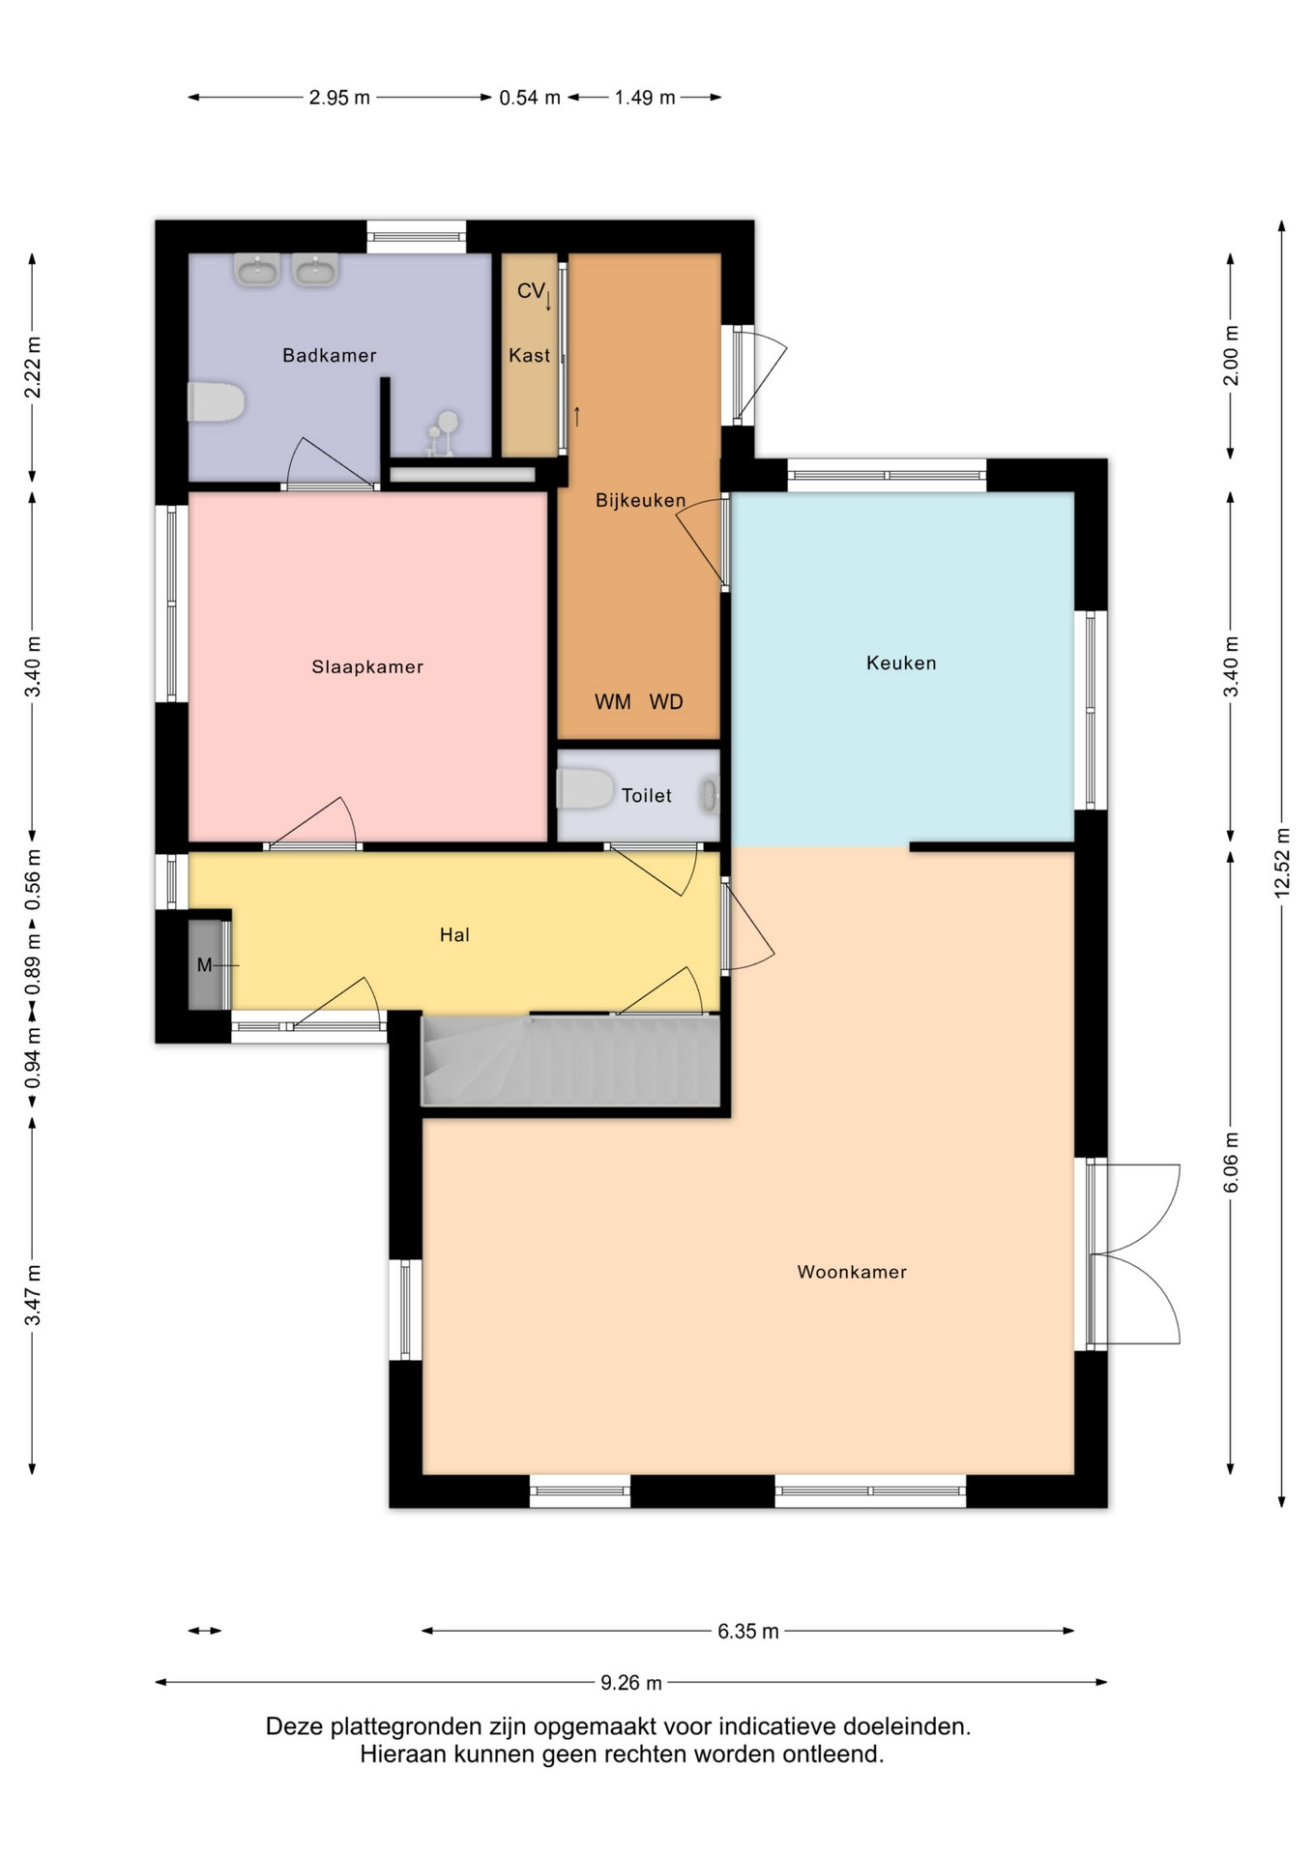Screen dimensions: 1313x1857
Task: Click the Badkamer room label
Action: pos(329,355)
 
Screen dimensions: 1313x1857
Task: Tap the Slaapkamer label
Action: pos(367,666)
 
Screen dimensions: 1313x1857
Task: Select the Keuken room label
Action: pos(901,663)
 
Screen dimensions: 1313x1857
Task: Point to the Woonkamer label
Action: pos(852,1272)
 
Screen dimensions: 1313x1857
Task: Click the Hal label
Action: pos(454,934)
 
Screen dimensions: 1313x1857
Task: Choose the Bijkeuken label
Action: pos(640,500)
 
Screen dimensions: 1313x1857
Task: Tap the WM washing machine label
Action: pos(613,702)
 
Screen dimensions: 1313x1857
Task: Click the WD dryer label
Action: pos(666,702)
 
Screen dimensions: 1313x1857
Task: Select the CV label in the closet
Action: pos(531,290)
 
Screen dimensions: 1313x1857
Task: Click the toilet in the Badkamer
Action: pos(216,402)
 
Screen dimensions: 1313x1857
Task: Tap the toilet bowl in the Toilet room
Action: pos(585,789)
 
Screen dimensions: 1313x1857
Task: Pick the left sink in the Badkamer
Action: pos(257,269)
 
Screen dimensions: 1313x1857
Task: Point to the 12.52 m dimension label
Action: pos(1282,864)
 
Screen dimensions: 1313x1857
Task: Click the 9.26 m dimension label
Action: pos(631,1683)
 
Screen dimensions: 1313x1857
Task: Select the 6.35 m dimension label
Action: pos(748,1632)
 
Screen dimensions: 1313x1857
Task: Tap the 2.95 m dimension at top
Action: pos(339,98)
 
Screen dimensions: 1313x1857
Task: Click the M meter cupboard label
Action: pos(204,965)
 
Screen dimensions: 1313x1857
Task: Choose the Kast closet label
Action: pos(530,355)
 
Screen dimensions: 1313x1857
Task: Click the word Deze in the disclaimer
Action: pos(295,1726)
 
